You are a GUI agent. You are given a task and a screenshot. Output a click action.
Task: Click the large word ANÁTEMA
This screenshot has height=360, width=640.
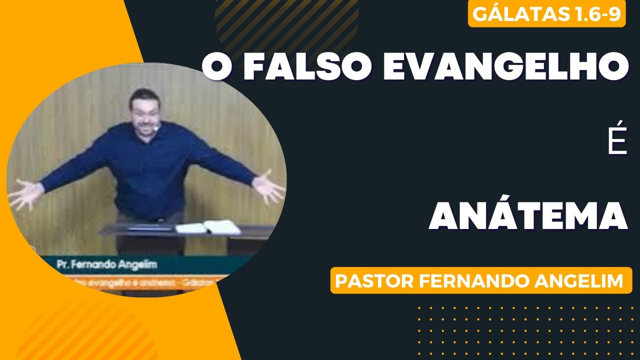point(528,216)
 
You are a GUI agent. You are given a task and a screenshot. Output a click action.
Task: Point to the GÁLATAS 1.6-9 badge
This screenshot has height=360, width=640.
point(546,15)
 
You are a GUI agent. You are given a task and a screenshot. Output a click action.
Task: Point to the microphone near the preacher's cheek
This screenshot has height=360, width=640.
point(157,128)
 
